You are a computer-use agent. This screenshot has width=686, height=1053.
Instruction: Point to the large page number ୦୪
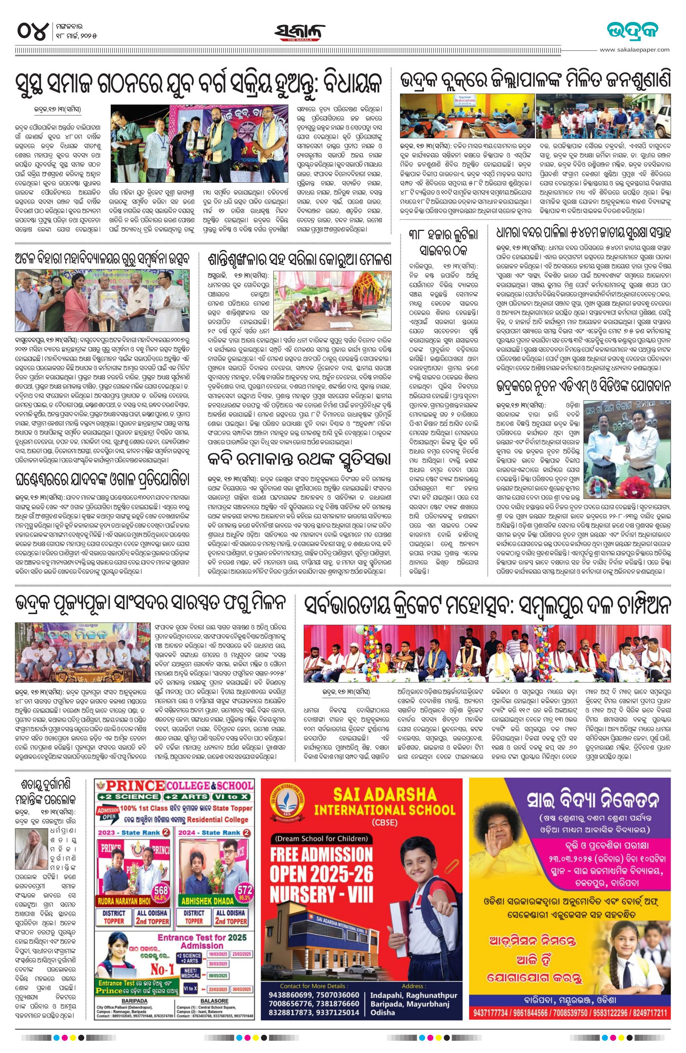tap(32, 32)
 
